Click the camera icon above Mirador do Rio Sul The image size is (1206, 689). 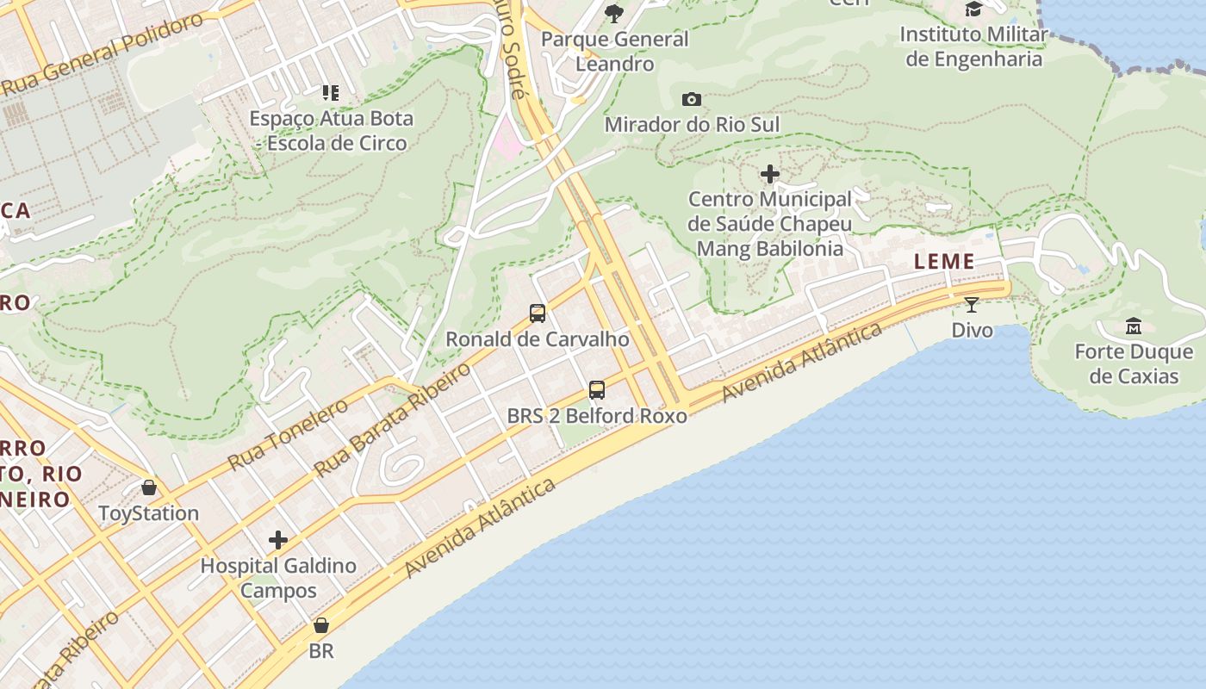tap(691, 100)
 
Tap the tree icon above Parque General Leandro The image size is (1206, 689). tap(614, 13)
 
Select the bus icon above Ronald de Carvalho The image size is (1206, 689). tap(538, 313)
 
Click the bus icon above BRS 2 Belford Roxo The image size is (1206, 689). tap(597, 390)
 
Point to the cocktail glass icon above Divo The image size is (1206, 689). tap(972, 304)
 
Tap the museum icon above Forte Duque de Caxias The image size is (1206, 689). tap(1133, 326)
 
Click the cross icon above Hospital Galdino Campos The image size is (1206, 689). tap(277, 540)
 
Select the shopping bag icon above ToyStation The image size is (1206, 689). tap(149, 487)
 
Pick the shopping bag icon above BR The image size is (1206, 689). tap(321, 625)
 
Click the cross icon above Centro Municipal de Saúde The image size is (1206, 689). tap(770, 175)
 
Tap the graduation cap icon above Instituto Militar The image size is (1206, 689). tap(973, 9)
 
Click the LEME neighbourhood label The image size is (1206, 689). tap(944, 262)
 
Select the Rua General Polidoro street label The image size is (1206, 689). tap(103, 53)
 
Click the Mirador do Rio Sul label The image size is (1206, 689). tap(692, 125)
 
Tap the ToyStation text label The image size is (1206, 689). tap(148, 513)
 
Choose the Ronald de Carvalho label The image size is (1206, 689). tap(537, 339)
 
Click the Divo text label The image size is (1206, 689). tap(972, 330)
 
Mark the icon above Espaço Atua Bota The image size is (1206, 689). tap(331, 93)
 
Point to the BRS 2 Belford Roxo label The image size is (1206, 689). tap(597, 416)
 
